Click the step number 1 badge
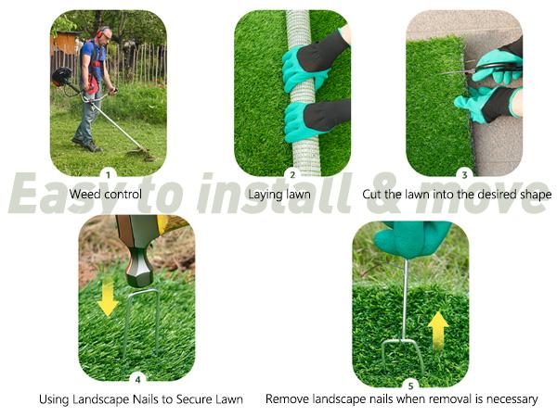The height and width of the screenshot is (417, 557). pyautogui.click(x=108, y=173)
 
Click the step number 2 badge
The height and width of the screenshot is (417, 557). pyautogui.click(x=292, y=173)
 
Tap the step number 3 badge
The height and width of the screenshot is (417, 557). pyautogui.click(x=464, y=173)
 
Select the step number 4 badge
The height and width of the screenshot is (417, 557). pyautogui.click(x=137, y=378)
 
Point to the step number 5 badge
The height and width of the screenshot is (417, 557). pyautogui.click(x=410, y=384)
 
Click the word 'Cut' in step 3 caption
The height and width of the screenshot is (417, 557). pyautogui.click(x=373, y=195)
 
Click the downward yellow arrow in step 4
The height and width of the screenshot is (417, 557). pyautogui.click(x=109, y=297)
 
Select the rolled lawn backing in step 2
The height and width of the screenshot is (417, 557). pyautogui.click(x=301, y=93)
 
